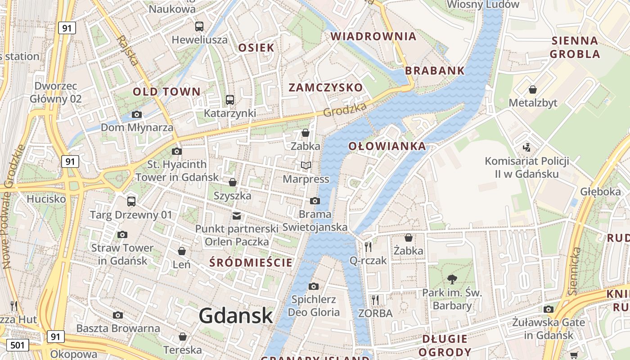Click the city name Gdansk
pyautogui.click(x=236, y=315)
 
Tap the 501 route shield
pyautogui.click(x=17, y=345)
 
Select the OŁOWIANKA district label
pyautogui.click(x=387, y=146)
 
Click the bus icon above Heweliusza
pyautogui.click(x=199, y=26)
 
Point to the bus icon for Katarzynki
pyautogui.click(x=230, y=99)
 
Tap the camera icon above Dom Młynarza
pyautogui.click(x=137, y=114)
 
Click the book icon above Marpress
pyautogui.click(x=306, y=166)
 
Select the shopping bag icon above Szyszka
pyautogui.click(x=233, y=182)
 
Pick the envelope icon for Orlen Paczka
pyautogui.click(x=237, y=216)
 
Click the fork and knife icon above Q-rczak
pyautogui.click(x=368, y=247)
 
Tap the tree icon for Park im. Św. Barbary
pyautogui.click(x=452, y=279)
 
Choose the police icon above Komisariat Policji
pyautogui.click(x=526, y=147)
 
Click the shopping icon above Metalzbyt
pyautogui.click(x=533, y=90)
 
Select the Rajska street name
pyautogui.click(x=128, y=50)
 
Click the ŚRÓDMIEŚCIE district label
pyautogui.click(x=251, y=263)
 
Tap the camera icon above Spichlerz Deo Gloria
pyautogui.click(x=314, y=286)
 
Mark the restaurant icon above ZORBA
pyautogui.click(x=375, y=300)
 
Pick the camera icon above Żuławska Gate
pyautogui.click(x=548, y=309)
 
